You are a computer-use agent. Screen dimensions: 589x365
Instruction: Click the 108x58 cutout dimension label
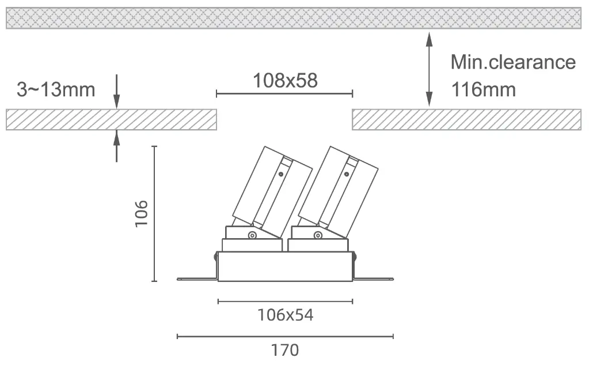[285, 81]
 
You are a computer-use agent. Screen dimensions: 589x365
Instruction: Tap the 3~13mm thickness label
[56, 89]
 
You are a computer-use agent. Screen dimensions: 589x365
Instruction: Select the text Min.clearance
[513, 62]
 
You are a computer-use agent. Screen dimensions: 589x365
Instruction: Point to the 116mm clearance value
[484, 89]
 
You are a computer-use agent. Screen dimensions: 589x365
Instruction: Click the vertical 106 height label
[142, 214]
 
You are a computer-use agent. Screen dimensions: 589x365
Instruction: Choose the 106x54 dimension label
[285, 315]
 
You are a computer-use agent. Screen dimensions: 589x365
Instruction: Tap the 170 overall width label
[285, 350]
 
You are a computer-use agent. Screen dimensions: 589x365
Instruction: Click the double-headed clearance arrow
[429, 69]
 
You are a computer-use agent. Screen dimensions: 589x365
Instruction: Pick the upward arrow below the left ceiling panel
[116, 146]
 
